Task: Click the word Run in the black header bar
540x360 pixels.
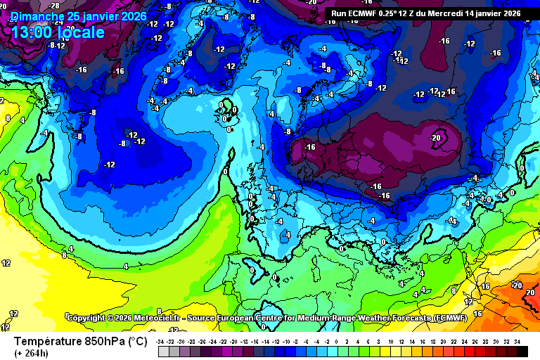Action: pos(340,12)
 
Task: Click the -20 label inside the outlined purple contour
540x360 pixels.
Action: pos(436,138)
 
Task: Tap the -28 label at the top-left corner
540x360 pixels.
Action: pos(53,6)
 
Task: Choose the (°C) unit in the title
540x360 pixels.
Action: pos(137,341)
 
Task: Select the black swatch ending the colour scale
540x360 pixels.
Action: pos(522,351)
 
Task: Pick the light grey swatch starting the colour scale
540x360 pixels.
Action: pos(163,351)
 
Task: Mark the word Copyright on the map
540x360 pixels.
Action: pos(90,318)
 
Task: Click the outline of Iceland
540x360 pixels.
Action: pos(226,110)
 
